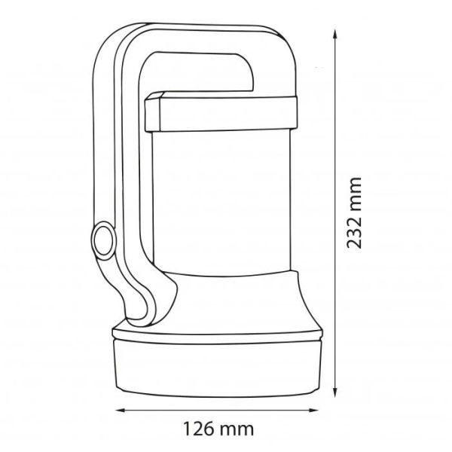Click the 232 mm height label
pyautogui.click(x=354, y=212)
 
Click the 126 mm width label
pyautogui.click(x=218, y=429)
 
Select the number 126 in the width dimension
pyautogui.click(x=199, y=429)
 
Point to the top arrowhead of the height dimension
pyautogui.click(x=334, y=35)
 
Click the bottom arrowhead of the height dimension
pyautogui.click(x=334, y=392)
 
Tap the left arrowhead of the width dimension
pyautogui.click(x=121, y=410)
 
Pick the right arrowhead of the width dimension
pyautogui.click(x=313, y=410)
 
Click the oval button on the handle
pyautogui.click(x=103, y=240)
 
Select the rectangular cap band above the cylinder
pyautogui.click(x=221, y=113)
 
